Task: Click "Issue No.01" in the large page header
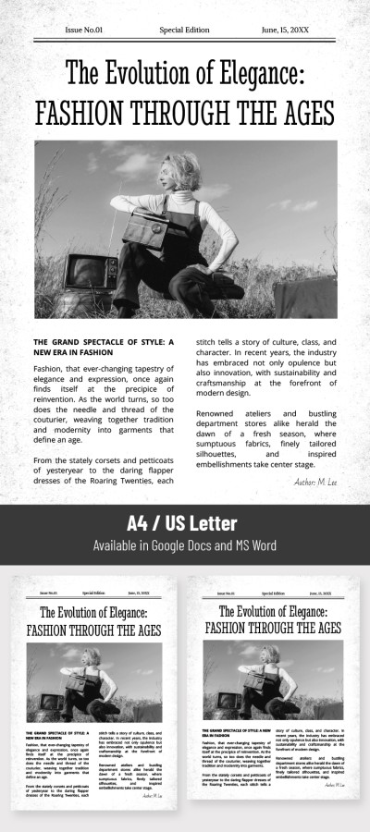(84, 30)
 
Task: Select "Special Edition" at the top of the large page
(185, 30)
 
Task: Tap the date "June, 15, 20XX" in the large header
(285, 30)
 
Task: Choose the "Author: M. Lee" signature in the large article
(315, 482)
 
